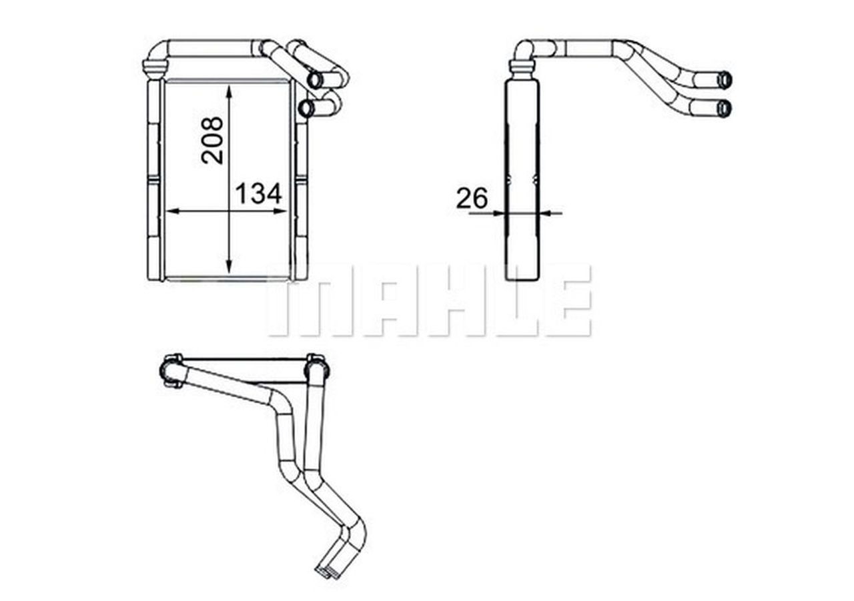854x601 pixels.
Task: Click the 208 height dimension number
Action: coord(213,140)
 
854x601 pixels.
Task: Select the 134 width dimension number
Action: coord(259,193)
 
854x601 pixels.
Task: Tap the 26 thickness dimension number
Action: coord(472,198)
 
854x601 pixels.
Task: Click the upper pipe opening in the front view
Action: coord(315,80)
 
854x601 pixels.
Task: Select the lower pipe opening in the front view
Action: coord(307,108)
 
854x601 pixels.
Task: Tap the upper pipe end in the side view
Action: coord(725,80)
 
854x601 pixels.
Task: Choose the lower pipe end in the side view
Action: coord(725,108)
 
